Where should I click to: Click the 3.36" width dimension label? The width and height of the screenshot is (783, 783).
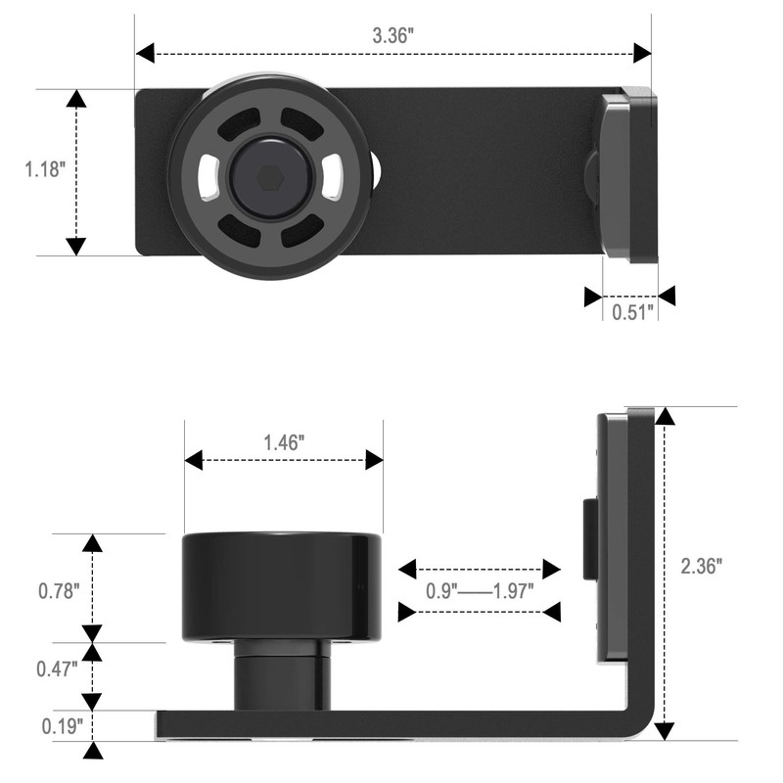(x=393, y=34)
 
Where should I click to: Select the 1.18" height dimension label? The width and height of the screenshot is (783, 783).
(x=44, y=169)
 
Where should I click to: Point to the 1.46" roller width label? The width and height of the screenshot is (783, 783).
(x=284, y=441)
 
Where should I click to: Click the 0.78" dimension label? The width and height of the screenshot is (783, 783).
(x=57, y=591)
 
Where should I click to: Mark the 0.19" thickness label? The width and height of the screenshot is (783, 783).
(x=57, y=726)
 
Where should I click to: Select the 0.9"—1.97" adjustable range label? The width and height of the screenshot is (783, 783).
(x=479, y=591)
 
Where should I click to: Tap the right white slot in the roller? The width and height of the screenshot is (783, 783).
(x=334, y=177)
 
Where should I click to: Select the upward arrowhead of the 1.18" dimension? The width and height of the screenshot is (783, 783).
(x=75, y=99)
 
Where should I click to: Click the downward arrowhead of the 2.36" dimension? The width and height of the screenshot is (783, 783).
(x=665, y=730)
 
